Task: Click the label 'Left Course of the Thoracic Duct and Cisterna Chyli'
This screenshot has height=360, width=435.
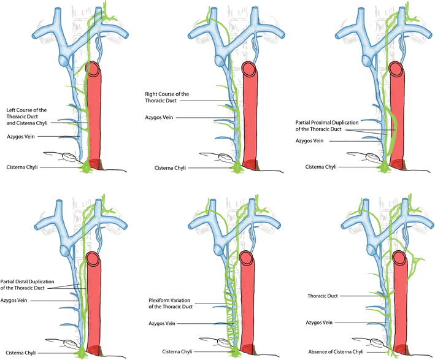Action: tap(26, 117)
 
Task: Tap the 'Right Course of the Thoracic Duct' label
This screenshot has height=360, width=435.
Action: tap(167, 98)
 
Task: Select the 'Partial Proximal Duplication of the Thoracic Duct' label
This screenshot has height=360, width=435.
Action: tap(327, 126)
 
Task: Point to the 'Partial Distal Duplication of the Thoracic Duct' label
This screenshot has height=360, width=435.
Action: tap(27, 285)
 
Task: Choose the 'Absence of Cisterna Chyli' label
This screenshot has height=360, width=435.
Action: tap(336, 351)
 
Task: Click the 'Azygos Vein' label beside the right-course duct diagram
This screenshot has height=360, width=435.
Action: tap(159, 118)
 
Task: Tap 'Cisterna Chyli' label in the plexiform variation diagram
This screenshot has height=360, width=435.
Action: tap(177, 351)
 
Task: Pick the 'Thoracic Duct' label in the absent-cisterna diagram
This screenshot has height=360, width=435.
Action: tap(323, 296)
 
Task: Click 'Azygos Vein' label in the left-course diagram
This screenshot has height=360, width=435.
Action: tap(21, 136)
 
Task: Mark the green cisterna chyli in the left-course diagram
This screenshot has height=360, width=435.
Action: tap(87, 167)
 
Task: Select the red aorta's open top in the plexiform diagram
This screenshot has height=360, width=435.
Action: tap(247, 258)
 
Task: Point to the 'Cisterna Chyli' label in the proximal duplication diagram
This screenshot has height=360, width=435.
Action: tap(321, 167)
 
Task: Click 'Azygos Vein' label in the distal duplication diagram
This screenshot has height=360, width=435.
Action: tap(14, 301)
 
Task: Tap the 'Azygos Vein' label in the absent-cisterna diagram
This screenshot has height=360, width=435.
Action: tap(319, 323)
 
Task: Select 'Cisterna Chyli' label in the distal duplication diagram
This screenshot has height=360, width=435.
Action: tap(21, 353)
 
